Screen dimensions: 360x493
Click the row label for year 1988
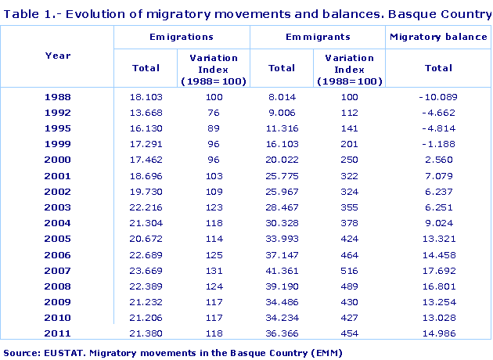point(58,96)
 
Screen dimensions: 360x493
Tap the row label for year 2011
point(58,333)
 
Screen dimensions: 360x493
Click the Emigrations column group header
point(182,37)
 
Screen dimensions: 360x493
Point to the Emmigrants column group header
point(318,37)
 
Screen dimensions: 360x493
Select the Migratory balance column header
point(438,37)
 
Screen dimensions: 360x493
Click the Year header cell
point(58,56)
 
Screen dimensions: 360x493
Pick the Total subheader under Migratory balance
point(438,68)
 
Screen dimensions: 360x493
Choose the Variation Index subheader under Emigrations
point(214,69)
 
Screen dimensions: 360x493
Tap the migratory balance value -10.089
point(438,96)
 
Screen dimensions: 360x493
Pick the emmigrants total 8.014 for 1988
point(282,96)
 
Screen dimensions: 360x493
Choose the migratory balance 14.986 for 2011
point(438,333)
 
